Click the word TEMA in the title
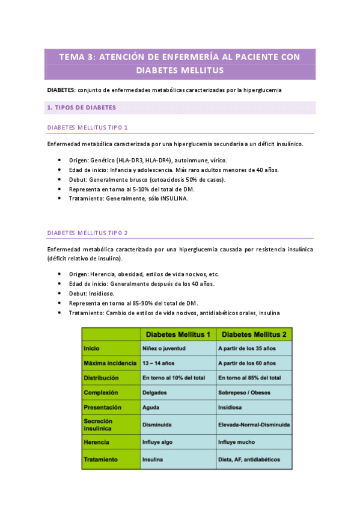(x=71, y=57)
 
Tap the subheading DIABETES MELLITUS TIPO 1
(x=87, y=127)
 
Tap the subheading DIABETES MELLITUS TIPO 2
(x=87, y=232)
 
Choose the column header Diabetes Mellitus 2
(x=253, y=334)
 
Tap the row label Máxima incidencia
(x=110, y=363)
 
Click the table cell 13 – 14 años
(x=159, y=363)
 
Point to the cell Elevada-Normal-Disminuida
(x=254, y=425)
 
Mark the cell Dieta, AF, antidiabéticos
(x=249, y=459)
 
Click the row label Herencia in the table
(x=97, y=442)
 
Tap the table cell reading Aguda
(x=150, y=408)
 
